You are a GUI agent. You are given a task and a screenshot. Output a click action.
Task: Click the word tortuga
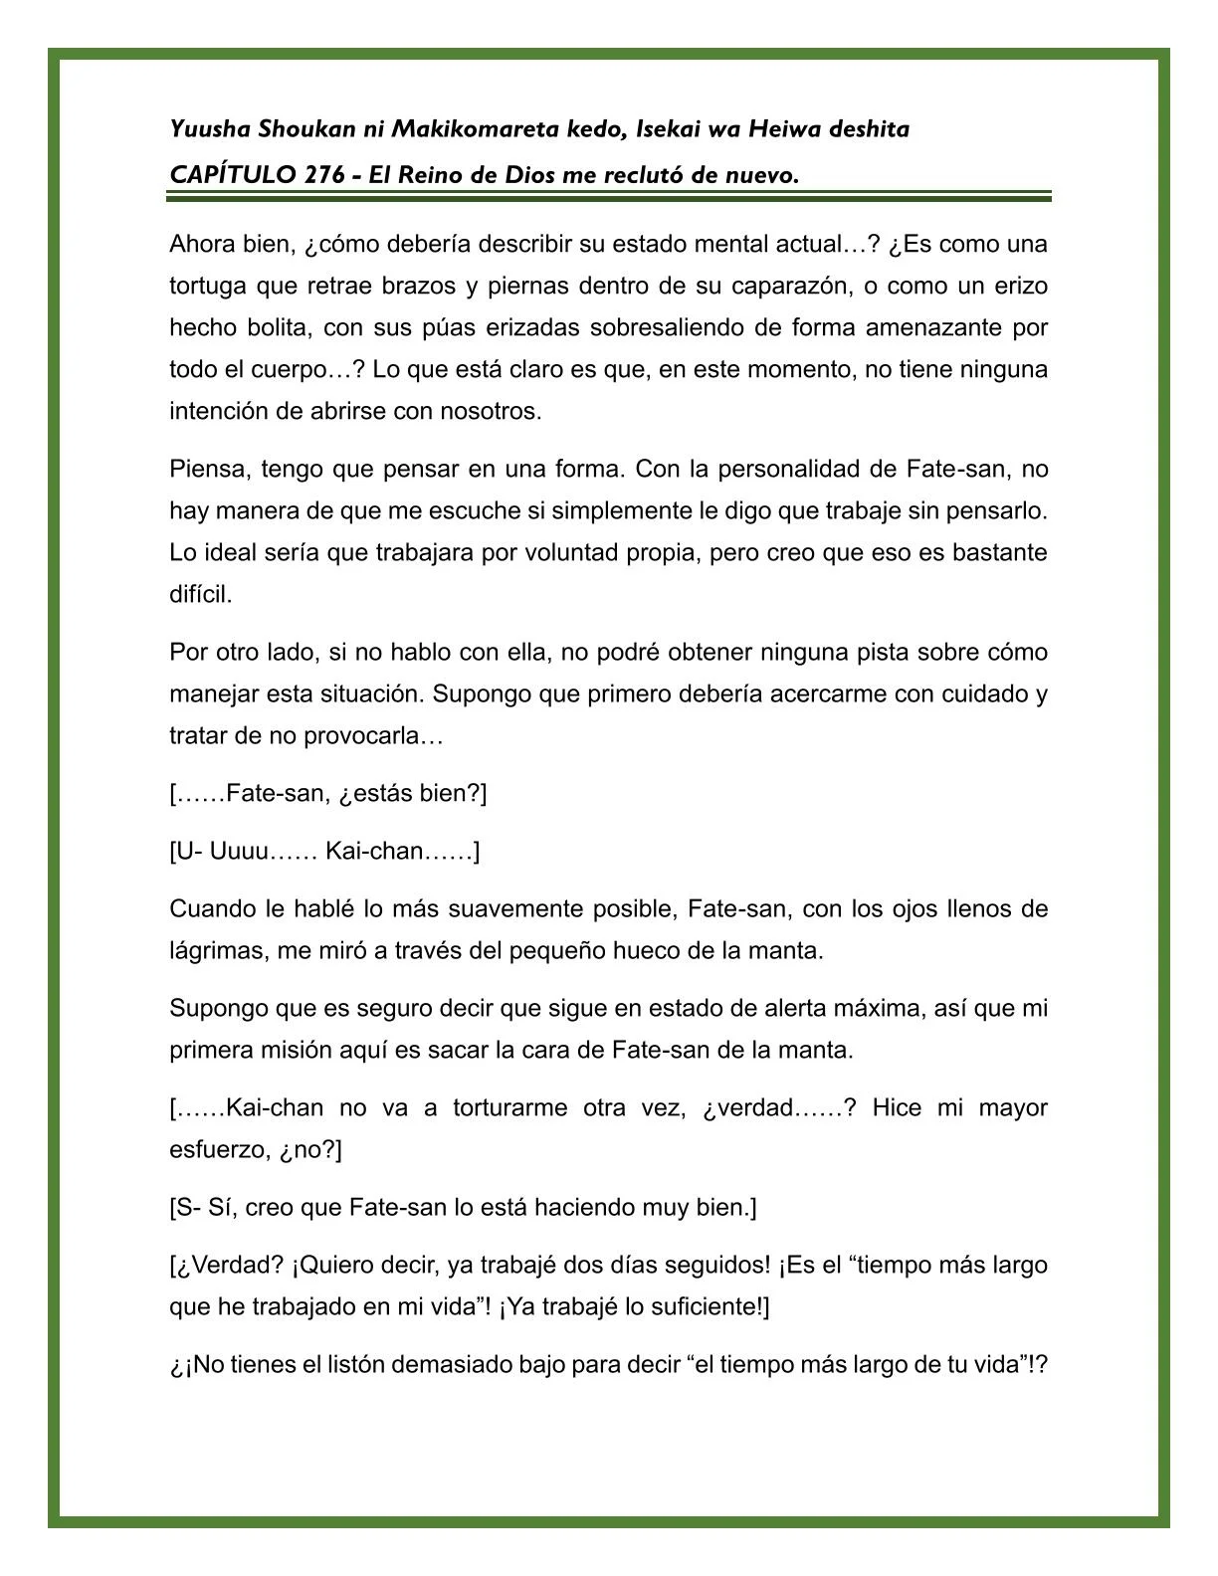click(x=208, y=287)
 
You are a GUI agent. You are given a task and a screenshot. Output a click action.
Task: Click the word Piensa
click(x=204, y=469)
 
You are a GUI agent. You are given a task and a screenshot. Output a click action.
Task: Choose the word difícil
click(x=200, y=595)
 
